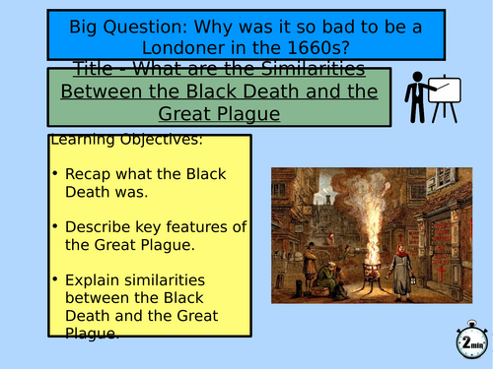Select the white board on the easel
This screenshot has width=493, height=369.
[x=446, y=93]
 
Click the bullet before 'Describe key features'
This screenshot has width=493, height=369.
[x=55, y=227]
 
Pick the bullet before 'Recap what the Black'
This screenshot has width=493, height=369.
[x=55, y=173]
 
